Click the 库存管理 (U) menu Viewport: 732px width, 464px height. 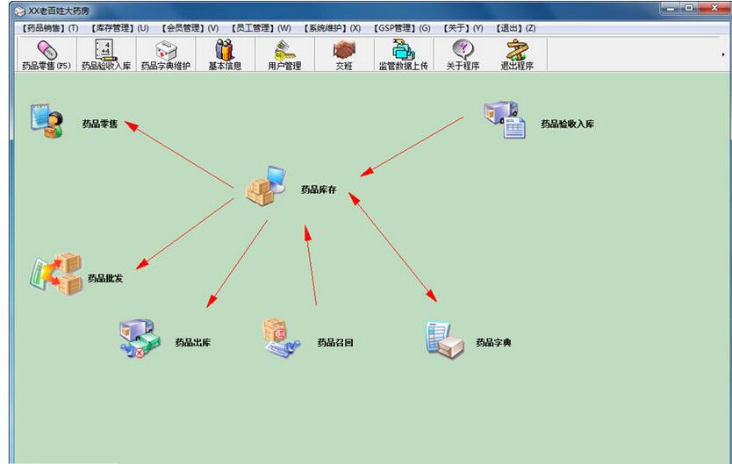[120, 28]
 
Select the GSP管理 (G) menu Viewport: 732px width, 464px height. [403, 28]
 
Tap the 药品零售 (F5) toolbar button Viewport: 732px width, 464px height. [46, 55]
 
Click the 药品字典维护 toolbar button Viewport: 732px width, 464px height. [165, 55]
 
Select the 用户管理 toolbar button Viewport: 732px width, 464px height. [284, 55]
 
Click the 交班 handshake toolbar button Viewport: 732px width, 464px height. [343, 55]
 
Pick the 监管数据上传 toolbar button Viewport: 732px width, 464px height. [403, 55]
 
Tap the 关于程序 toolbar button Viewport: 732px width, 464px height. [463, 55]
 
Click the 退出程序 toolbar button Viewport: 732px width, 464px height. [517, 55]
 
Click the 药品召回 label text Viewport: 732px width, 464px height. [335, 343]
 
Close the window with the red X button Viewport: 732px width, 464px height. [714, 9]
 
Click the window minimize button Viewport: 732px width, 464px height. [670, 9]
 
